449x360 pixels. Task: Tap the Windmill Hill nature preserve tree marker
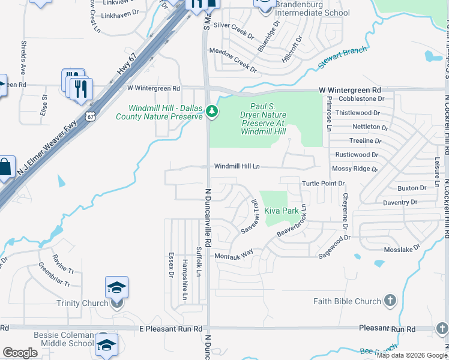tap(211, 111)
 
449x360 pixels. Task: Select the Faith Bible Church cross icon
tap(390, 301)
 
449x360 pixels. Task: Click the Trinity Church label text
tap(82, 303)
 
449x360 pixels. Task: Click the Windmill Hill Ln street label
tap(237, 166)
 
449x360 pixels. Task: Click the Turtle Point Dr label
tap(324, 183)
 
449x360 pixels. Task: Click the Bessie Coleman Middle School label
tap(60, 338)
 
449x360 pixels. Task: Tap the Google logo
tap(20, 353)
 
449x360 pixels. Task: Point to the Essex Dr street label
tap(171, 260)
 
